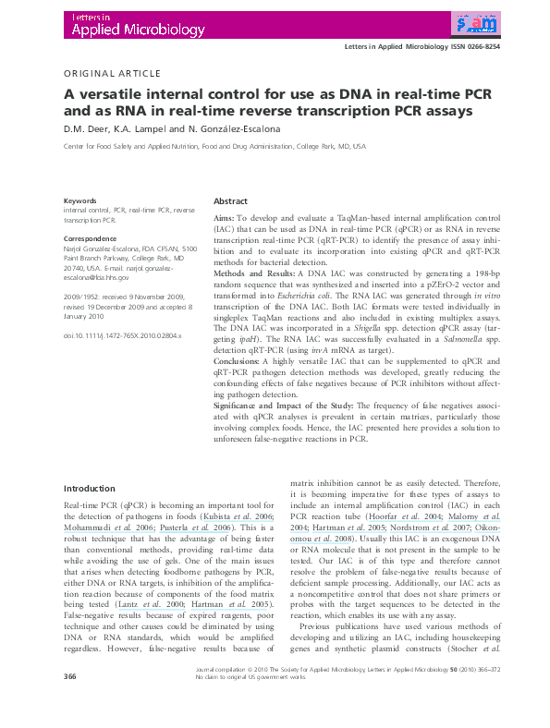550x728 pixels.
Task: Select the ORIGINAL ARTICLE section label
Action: coord(112,73)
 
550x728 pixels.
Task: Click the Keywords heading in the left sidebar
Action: coord(80,200)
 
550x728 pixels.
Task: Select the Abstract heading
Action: coord(230,201)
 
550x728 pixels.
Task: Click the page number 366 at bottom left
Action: coord(68,703)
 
